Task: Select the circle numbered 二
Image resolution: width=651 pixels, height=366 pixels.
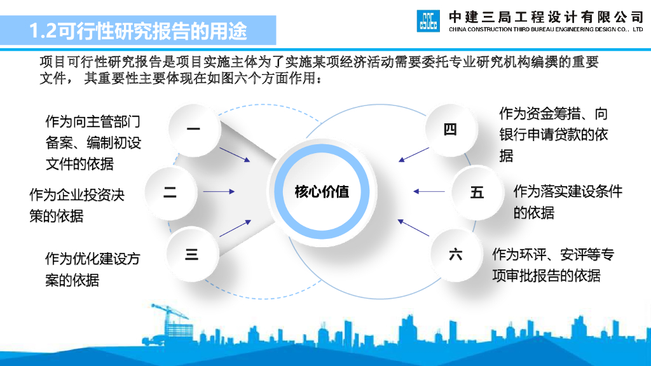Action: pos(170,192)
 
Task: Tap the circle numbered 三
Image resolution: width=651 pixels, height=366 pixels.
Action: pos(191,255)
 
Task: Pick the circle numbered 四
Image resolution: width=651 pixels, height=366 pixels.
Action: pos(450,130)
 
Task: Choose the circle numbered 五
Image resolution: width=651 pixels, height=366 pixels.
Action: pos(477,192)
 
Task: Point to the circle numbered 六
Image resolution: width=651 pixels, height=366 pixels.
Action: pos(455,255)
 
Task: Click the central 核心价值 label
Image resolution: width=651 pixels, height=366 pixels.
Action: pos(322,191)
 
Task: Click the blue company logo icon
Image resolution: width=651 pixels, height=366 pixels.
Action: pos(428,21)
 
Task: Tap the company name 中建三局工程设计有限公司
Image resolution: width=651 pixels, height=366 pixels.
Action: pos(546,16)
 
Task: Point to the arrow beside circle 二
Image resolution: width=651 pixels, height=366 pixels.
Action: pos(219,191)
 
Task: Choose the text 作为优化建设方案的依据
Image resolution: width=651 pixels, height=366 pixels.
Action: pos(92,269)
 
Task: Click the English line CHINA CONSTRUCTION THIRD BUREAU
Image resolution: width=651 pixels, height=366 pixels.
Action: pos(546,30)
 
